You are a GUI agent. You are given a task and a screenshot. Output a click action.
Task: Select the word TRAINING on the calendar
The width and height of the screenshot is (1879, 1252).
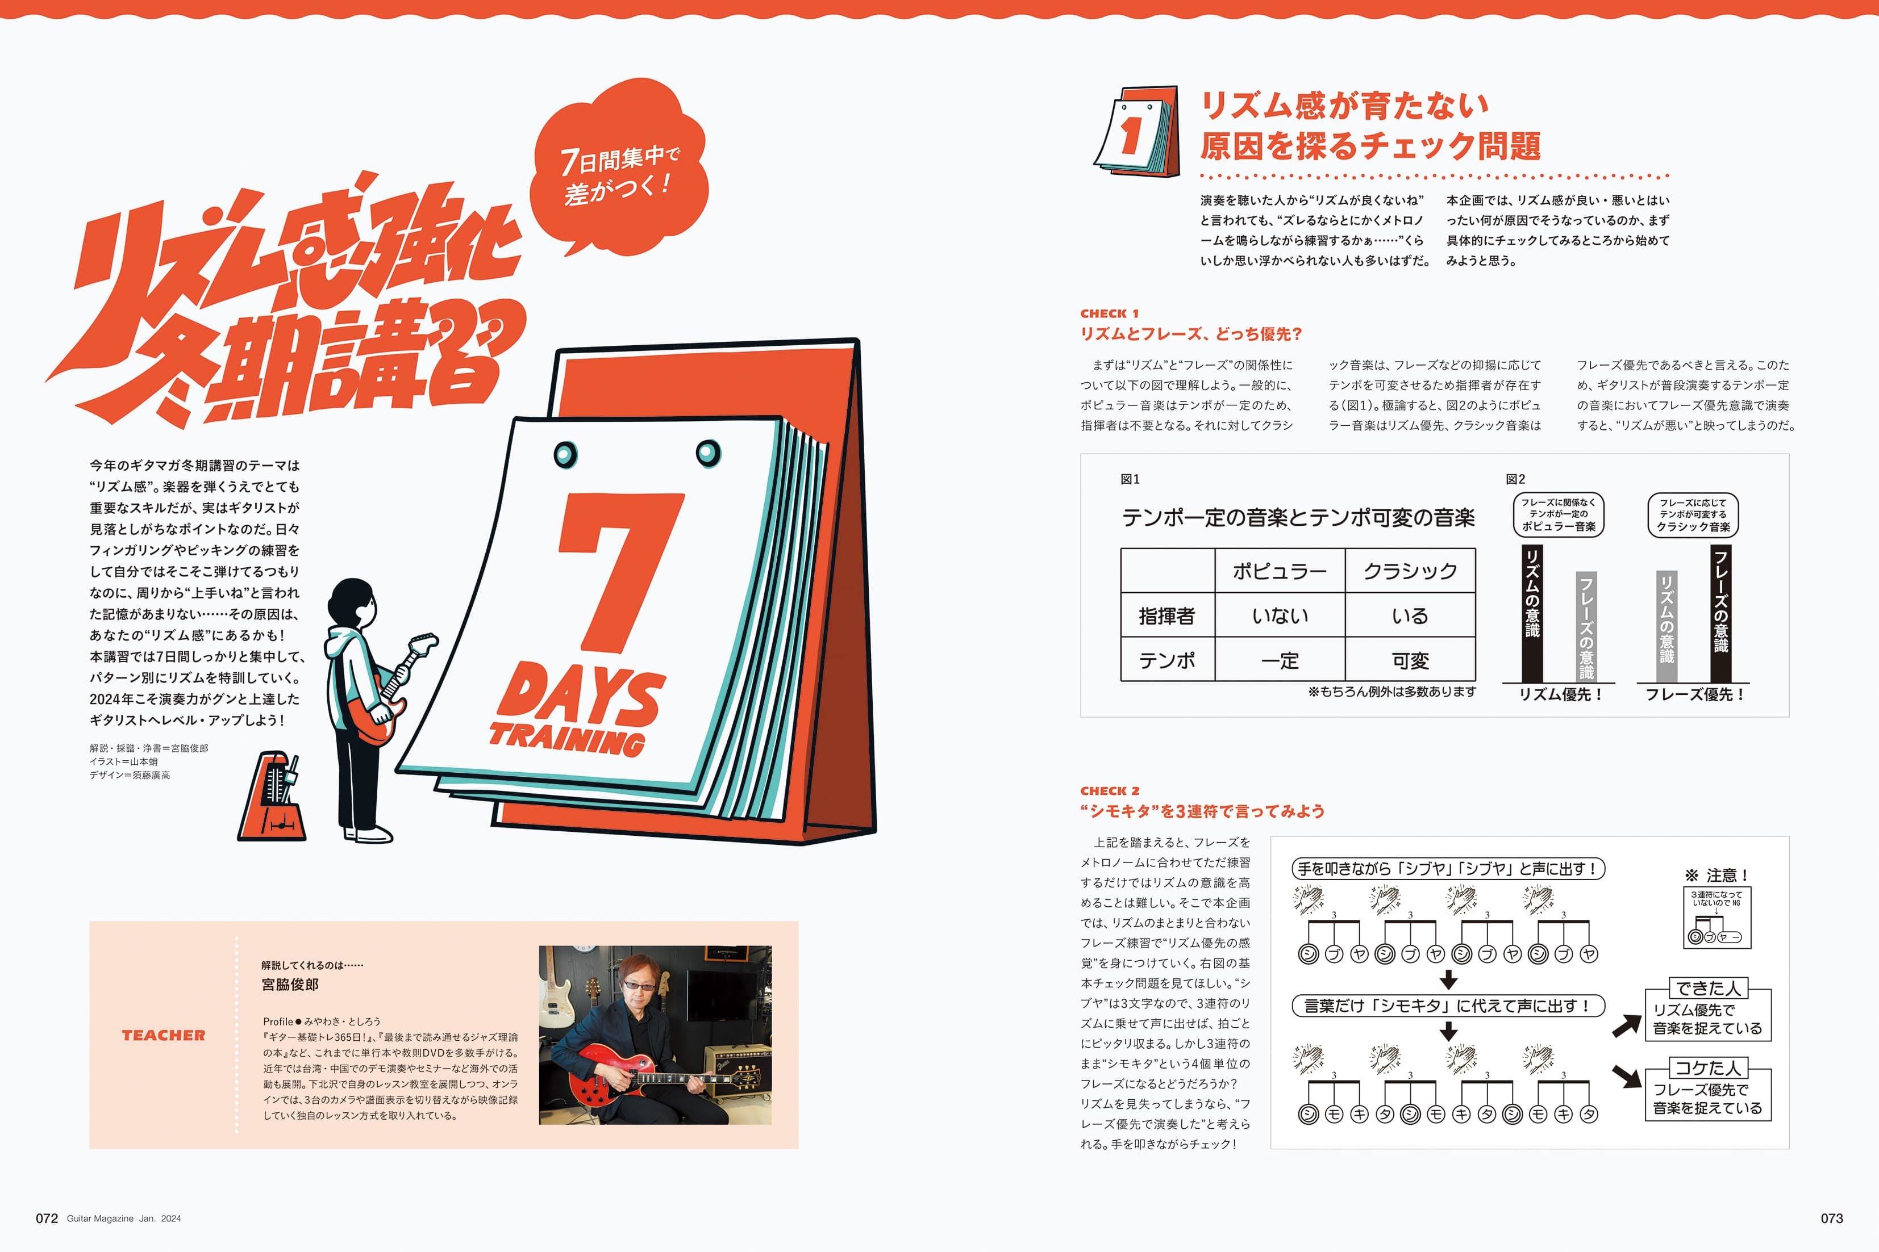pyautogui.click(x=567, y=739)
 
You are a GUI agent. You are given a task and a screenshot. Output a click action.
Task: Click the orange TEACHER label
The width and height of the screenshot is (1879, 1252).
pyautogui.click(x=164, y=1035)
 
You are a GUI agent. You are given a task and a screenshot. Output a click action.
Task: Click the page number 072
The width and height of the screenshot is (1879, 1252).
pyautogui.click(x=47, y=1218)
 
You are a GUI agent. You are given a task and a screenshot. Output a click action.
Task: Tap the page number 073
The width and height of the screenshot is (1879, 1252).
pyautogui.click(x=1832, y=1218)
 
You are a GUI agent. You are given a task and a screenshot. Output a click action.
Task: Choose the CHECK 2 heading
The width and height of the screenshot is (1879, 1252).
pyautogui.click(x=1110, y=790)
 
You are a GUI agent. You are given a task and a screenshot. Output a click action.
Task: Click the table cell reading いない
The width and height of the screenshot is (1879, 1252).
pyautogui.click(x=1280, y=615)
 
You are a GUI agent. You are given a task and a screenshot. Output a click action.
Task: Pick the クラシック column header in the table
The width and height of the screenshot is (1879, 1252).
pyautogui.click(x=1410, y=571)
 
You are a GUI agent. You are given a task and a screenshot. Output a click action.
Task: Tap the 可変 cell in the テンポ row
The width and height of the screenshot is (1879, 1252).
pyautogui.click(x=1410, y=660)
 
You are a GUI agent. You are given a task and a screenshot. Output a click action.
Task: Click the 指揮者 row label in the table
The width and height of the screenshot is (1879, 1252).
pyautogui.click(x=1167, y=615)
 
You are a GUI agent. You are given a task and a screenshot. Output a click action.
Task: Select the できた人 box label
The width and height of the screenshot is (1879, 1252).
pyautogui.click(x=1708, y=988)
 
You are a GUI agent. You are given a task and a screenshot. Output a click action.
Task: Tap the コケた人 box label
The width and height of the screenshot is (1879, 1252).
pyautogui.click(x=1708, y=1067)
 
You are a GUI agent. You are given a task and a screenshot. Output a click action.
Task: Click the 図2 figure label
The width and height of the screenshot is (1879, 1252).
pyautogui.click(x=1515, y=479)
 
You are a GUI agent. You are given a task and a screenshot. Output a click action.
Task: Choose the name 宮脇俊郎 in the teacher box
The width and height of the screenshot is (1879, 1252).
pyautogui.click(x=290, y=985)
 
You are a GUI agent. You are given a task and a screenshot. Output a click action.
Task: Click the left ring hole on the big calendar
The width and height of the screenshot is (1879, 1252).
pyautogui.click(x=565, y=454)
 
